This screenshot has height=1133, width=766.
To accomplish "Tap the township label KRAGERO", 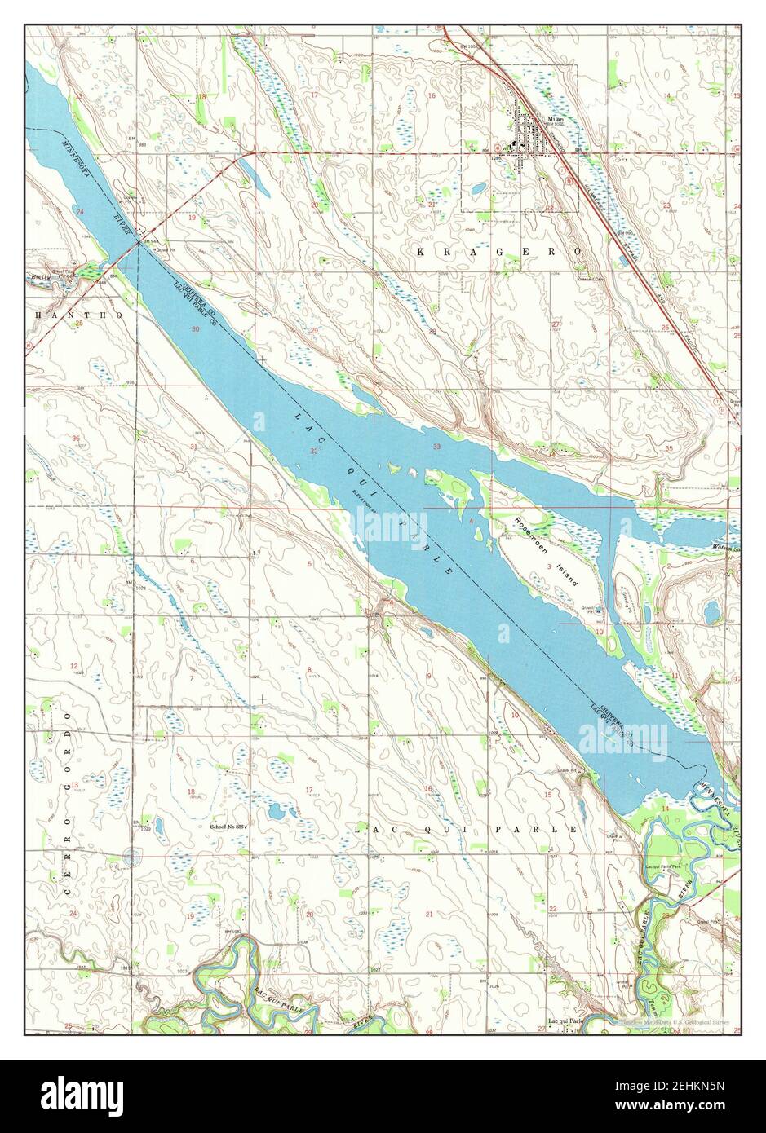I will [499, 253].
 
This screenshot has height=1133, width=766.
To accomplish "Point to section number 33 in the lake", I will [437, 447].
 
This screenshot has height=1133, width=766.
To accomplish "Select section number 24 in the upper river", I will [80, 212].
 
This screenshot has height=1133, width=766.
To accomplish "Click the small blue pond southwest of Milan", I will [474, 190].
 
